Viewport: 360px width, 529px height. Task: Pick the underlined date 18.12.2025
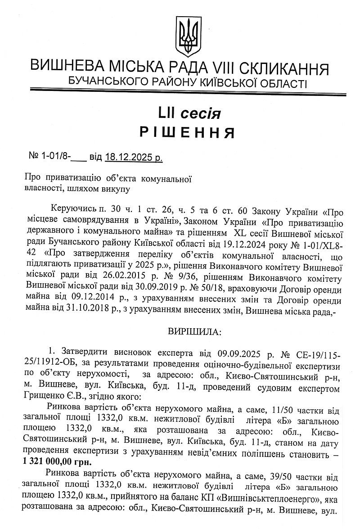(x=129, y=158)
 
